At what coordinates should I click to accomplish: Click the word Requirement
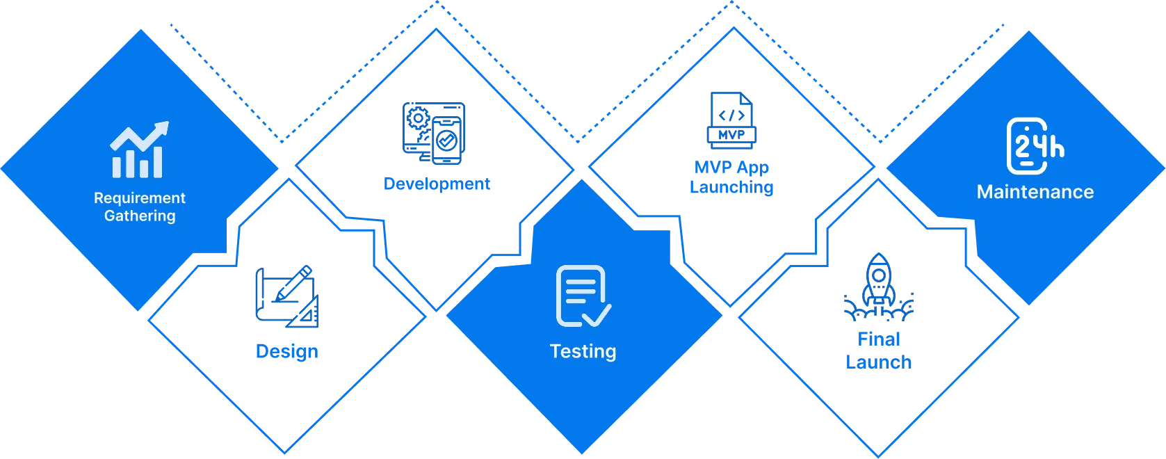140,198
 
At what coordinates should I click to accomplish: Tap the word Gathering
140,216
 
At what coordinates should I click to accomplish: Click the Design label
287,351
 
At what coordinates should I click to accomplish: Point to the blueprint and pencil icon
286,295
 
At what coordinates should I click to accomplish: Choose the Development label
437,184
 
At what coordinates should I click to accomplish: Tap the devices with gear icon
432,132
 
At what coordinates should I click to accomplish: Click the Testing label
583,351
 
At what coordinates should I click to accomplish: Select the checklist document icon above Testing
583,296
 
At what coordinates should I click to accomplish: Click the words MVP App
731,167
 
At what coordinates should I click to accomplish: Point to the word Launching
731,188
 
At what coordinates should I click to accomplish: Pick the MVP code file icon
731,120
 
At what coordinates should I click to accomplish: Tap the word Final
878,339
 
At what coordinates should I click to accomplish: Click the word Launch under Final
878,362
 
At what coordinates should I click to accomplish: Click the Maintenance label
1035,192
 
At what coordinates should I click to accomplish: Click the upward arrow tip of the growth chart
164,127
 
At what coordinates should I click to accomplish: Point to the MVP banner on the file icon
731,134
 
